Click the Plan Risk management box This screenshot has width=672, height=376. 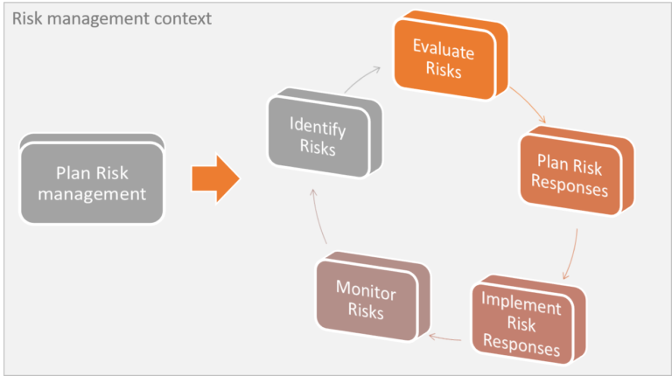point(92,179)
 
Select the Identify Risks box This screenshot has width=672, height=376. point(325,133)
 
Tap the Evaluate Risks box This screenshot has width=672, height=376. point(451,55)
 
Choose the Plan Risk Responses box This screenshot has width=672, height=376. point(577,171)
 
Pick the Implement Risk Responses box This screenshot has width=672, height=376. point(528,320)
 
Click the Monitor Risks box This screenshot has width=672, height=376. point(373,296)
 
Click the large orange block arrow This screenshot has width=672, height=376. point(215,178)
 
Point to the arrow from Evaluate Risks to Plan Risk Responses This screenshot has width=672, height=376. point(528,103)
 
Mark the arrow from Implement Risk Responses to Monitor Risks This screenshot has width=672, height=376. point(444,338)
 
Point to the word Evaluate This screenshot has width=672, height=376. point(444,49)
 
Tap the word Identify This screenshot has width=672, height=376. point(318,127)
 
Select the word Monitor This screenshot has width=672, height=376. point(366,290)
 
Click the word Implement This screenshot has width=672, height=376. point(521,303)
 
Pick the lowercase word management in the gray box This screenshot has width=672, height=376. point(92,194)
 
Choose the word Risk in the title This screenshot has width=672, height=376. point(27,18)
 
